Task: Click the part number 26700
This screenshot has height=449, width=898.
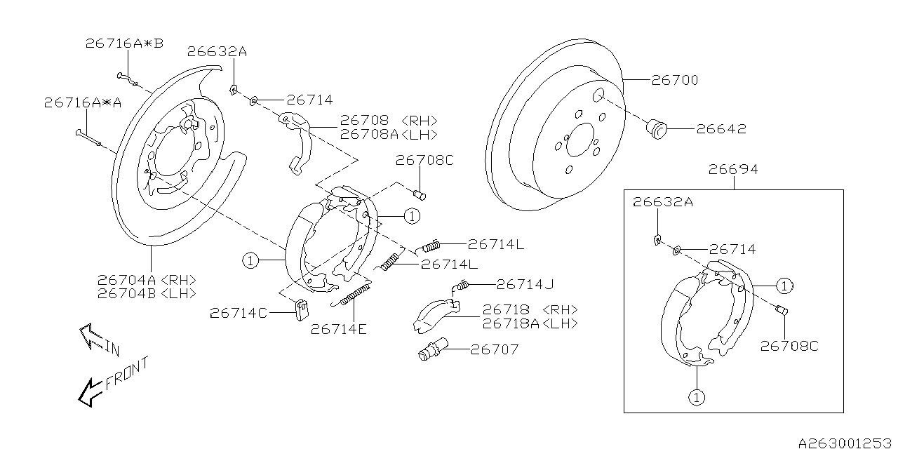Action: (675, 80)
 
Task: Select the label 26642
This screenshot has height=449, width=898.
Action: (721, 129)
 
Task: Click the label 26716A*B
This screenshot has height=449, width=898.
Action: (124, 43)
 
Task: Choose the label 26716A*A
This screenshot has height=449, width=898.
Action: (83, 102)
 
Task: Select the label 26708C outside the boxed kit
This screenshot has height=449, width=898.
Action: (424, 160)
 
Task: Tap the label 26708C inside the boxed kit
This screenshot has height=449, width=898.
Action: (790, 346)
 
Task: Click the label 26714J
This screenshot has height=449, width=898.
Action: (525, 284)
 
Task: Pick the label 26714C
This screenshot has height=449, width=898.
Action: (239, 314)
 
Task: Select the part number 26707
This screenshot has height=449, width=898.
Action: (495, 349)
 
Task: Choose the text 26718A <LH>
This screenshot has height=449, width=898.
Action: (530, 323)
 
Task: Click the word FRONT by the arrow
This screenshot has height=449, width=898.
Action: (127, 373)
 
